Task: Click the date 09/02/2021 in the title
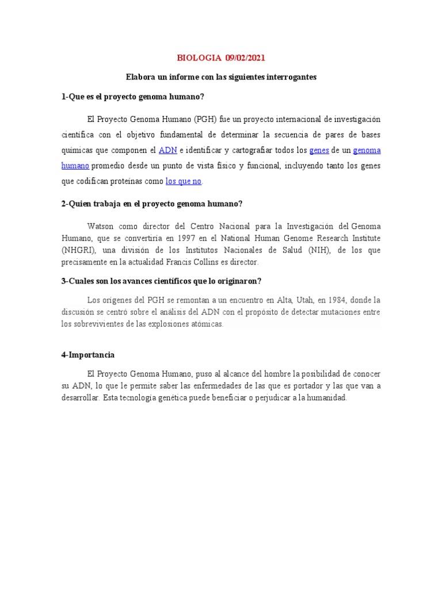245,58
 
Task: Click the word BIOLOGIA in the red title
199,58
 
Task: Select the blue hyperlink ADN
167,150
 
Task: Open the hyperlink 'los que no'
184,181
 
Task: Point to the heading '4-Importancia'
88,355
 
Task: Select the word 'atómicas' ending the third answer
208,324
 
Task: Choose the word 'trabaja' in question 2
108,204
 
